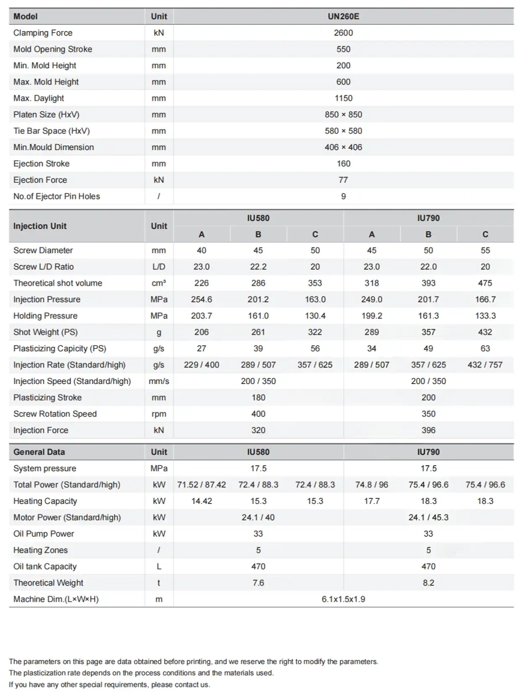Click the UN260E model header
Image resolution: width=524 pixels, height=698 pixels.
pyautogui.click(x=343, y=16)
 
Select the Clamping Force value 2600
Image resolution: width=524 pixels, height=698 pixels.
pyautogui.click(x=343, y=33)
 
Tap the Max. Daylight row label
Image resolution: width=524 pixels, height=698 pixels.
pyautogui.click(x=39, y=98)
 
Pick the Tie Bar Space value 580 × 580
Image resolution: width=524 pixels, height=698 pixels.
pyautogui.click(x=343, y=131)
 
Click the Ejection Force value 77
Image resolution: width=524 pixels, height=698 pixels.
pyautogui.click(x=343, y=180)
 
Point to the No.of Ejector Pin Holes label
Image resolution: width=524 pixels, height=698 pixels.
pyautogui.click(x=57, y=196)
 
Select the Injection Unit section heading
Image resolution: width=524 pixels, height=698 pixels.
pyautogui.click(x=40, y=226)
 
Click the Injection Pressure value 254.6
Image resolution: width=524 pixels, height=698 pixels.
pyautogui.click(x=202, y=299)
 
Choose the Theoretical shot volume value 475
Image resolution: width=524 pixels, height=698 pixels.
pyautogui.click(x=485, y=283)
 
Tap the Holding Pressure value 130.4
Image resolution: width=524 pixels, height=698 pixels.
pyautogui.click(x=315, y=316)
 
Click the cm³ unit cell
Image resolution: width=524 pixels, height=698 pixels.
pyautogui.click(x=159, y=283)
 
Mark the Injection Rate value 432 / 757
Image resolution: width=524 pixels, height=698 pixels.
pyautogui.click(x=485, y=365)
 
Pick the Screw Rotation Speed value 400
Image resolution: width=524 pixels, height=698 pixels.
pyautogui.click(x=258, y=414)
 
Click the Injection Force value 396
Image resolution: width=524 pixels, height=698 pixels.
pyautogui.click(x=428, y=430)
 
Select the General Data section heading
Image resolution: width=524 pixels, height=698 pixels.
pyautogui.click(x=39, y=452)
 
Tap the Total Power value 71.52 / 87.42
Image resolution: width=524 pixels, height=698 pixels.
pyautogui.click(x=202, y=485)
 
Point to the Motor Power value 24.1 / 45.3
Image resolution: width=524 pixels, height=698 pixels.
pyautogui.click(x=428, y=517)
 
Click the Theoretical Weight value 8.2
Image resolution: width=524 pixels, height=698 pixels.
pyautogui.click(x=428, y=583)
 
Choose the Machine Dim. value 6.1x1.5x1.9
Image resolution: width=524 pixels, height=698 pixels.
pyautogui.click(x=343, y=599)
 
